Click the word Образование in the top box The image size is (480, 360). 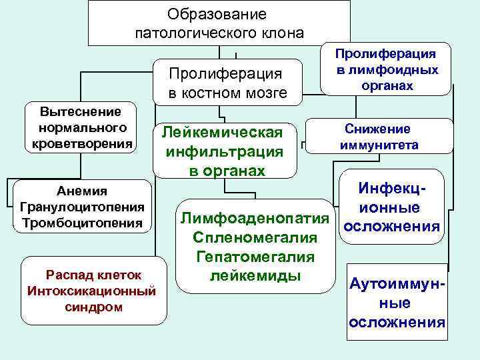tap(217, 14)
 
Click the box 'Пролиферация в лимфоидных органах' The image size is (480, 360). tap(386, 69)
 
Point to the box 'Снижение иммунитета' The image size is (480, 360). tap(378, 137)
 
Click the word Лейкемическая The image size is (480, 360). tap(227, 133)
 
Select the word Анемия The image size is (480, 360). tap(82, 193)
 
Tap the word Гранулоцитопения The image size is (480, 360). tap(82, 207)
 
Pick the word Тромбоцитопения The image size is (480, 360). tap(82, 223)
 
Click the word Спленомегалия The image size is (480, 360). tap(255, 237)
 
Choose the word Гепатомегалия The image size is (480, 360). tap(255, 256)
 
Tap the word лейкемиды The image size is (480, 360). tap(255, 275)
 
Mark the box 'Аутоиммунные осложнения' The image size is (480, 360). tap(397, 303)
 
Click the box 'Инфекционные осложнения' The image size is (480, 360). tap(391, 207)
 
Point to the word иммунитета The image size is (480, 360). tap(379, 145)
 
